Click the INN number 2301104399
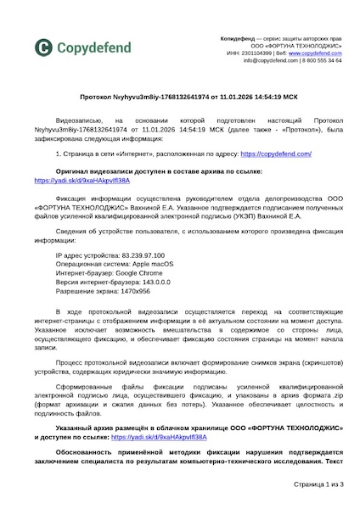click(250, 53)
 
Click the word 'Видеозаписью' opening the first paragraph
click(78, 121)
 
